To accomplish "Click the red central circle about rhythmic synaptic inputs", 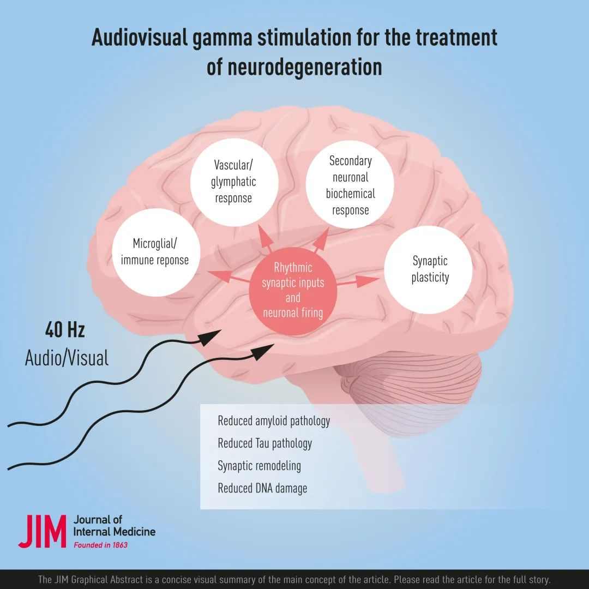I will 293,290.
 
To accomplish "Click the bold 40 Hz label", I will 65,330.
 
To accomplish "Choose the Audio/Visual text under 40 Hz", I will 67,358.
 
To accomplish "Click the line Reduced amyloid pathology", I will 274,421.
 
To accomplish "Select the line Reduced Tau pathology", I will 265,443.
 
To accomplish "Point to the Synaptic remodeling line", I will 259,466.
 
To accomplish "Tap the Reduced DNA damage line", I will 262,488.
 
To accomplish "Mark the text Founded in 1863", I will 100,544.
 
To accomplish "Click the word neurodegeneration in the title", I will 294,67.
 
